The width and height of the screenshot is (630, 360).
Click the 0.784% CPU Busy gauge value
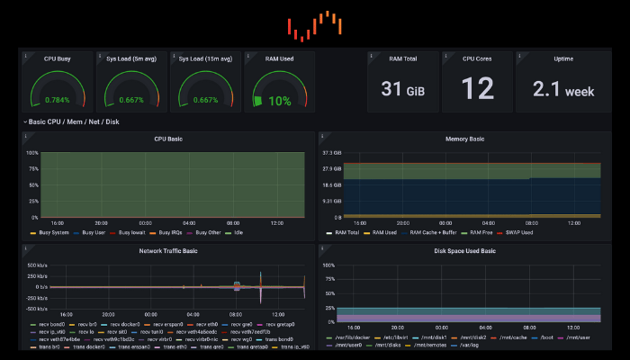[58, 100]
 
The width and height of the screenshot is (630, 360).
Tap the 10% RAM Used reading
[279, 101]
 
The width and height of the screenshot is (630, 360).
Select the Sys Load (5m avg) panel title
[131, 58]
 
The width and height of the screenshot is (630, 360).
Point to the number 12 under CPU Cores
[477, 88]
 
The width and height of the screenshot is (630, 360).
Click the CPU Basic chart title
[168, 139]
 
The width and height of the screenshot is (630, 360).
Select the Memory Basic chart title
[465, 139]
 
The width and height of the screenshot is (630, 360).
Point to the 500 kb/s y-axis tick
[37, 266]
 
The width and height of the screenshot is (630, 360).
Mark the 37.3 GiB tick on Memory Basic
[332, 153]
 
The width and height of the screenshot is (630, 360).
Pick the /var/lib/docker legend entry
[349, 337]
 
